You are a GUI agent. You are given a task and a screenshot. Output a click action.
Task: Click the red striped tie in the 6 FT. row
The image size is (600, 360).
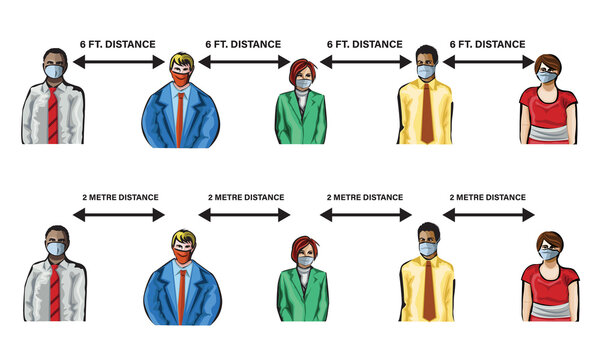click(x=53, y=115)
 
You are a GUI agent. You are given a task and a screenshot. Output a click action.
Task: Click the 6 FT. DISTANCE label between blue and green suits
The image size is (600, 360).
click(x=243, y=44)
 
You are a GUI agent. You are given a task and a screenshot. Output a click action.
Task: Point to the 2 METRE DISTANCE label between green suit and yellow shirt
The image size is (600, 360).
click(x=366, y=198)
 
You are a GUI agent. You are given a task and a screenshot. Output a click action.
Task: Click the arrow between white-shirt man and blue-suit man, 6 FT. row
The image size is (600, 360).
click(x=119, y=63)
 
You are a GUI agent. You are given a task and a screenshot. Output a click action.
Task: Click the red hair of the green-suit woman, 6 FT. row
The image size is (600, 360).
click(x=303, y=70)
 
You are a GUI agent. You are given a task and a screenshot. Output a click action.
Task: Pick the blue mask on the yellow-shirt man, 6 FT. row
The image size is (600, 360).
click(x=427, y=72)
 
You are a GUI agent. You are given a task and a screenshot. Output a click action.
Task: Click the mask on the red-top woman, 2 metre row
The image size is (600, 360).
click(x=549, y=254)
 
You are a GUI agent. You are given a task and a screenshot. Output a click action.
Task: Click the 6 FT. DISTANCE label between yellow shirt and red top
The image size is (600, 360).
click(x=486, y=44)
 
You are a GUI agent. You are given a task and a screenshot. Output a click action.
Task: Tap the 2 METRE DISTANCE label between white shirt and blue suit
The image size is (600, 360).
click(x=121, y=198)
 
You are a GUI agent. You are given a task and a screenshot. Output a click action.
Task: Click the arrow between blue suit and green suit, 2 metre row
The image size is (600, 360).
click(x=243, y=215)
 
